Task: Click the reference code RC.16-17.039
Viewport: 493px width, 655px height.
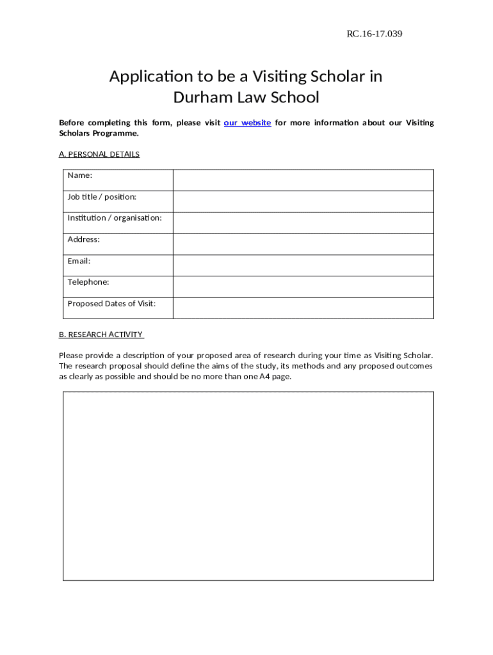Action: tap(374, 34)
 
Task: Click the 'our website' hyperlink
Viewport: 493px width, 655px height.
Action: tap(247, 123)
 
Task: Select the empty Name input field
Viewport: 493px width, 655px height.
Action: tap(303, 180)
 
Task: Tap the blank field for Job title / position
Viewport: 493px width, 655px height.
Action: tap(303, 201)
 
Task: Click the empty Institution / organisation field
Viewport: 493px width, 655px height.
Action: tap(303, 223)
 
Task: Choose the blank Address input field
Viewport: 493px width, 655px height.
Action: tap(303, 244)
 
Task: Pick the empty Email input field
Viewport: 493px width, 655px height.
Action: tap(303, 265)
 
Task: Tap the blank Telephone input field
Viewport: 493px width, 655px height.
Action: tap(303, 287)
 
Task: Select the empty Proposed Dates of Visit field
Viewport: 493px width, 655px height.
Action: tap(303, 308)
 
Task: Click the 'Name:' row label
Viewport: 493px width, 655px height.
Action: tap(80, 175)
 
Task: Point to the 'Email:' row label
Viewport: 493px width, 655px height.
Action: tap(79, 261)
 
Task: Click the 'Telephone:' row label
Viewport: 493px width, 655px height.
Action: tap(88, 282)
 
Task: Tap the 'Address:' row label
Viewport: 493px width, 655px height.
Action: tap(84, 240)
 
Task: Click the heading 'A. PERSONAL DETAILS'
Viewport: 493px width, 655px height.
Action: tap(99, 154)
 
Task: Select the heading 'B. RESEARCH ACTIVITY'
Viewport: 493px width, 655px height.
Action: tap(101, 335)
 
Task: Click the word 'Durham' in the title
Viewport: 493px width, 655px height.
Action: tap(199, 98)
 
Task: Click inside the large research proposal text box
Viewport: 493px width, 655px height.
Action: tap(248, 486)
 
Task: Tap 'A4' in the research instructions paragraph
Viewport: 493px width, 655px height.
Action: tap(264, 377)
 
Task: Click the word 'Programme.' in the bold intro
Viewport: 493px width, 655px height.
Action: tap(118, 134)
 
